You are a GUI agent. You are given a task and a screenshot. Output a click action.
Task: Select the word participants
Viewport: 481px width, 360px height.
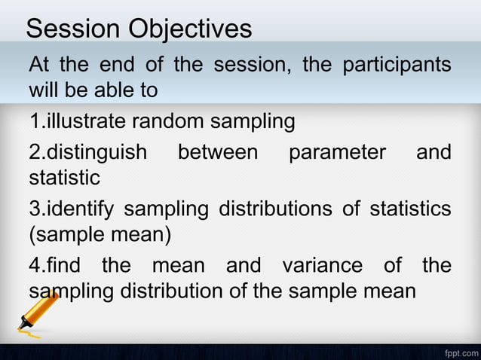[397, 65]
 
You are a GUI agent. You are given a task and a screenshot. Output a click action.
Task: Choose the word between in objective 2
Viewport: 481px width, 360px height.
[217, 153]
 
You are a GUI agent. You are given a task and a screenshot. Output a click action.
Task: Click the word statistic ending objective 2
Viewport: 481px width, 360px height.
[64, 178]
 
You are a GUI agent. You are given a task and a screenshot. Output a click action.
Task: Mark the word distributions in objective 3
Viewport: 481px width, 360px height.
[277, 209]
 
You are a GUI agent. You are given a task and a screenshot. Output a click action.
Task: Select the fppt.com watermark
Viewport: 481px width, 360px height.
[461, 352]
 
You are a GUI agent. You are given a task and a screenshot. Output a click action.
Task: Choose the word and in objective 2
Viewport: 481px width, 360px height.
[434, 153]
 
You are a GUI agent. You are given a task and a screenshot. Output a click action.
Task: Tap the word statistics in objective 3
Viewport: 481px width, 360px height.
[409, 209]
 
